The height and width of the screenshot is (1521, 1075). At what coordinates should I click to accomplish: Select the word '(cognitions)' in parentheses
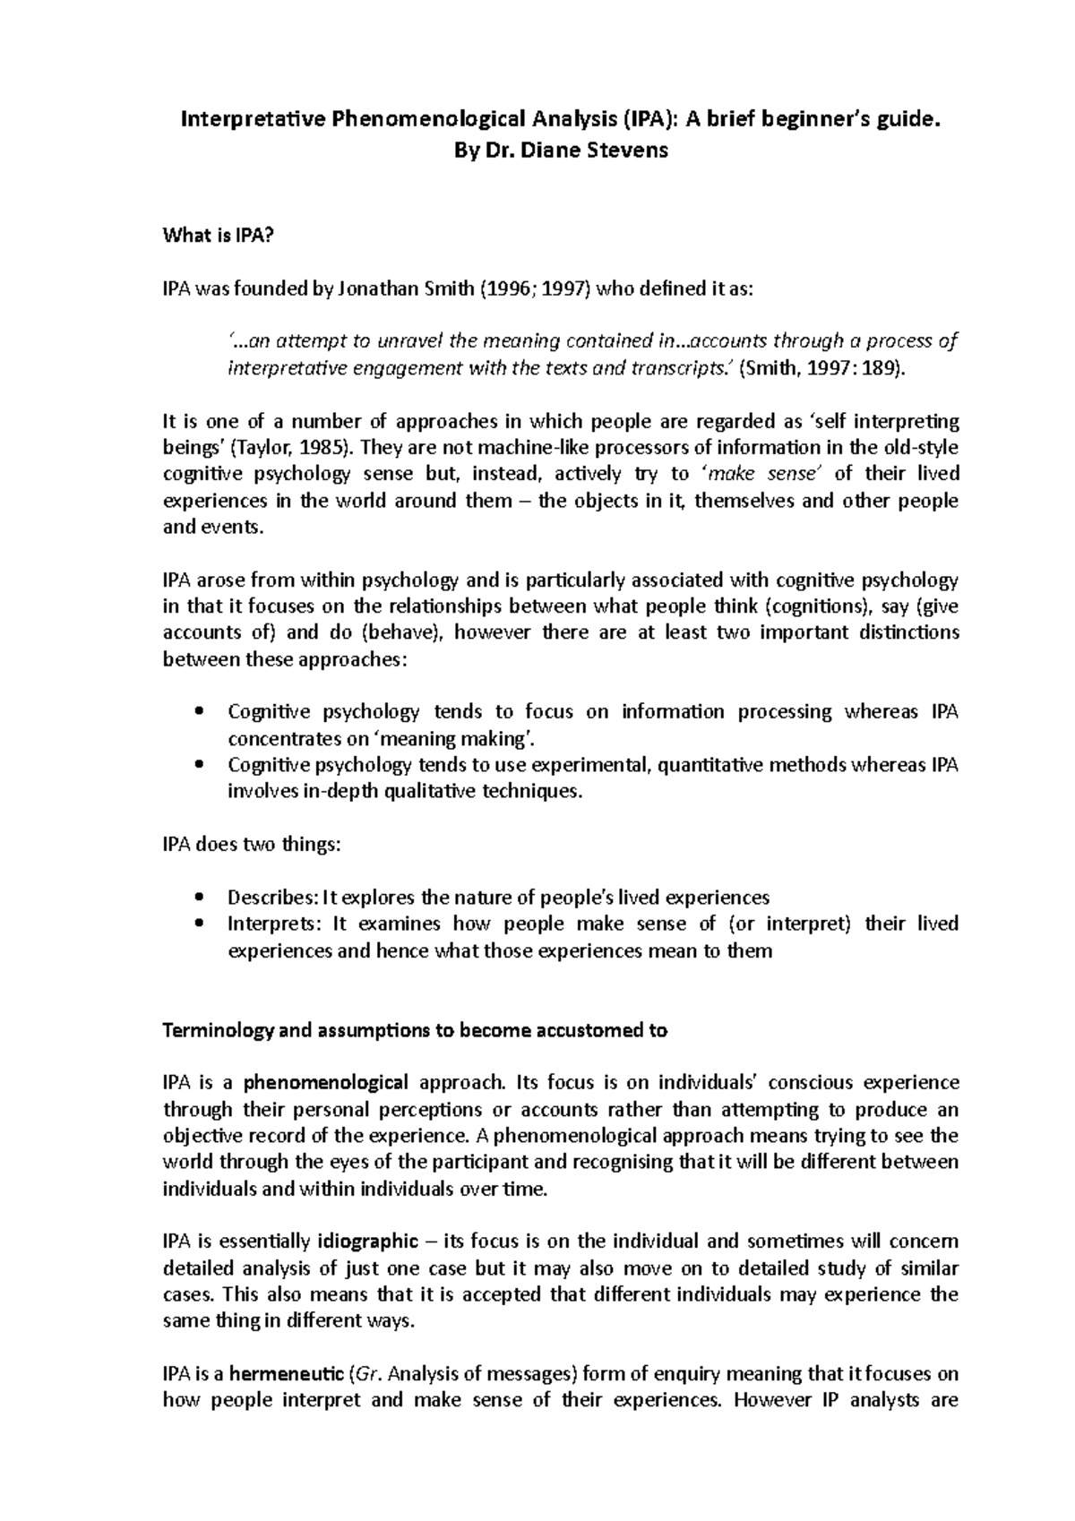[816, 606]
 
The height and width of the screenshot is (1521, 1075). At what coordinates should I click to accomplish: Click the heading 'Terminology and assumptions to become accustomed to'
[414, 1030]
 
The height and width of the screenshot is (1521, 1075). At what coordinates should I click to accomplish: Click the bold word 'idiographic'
[368, 1242]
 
